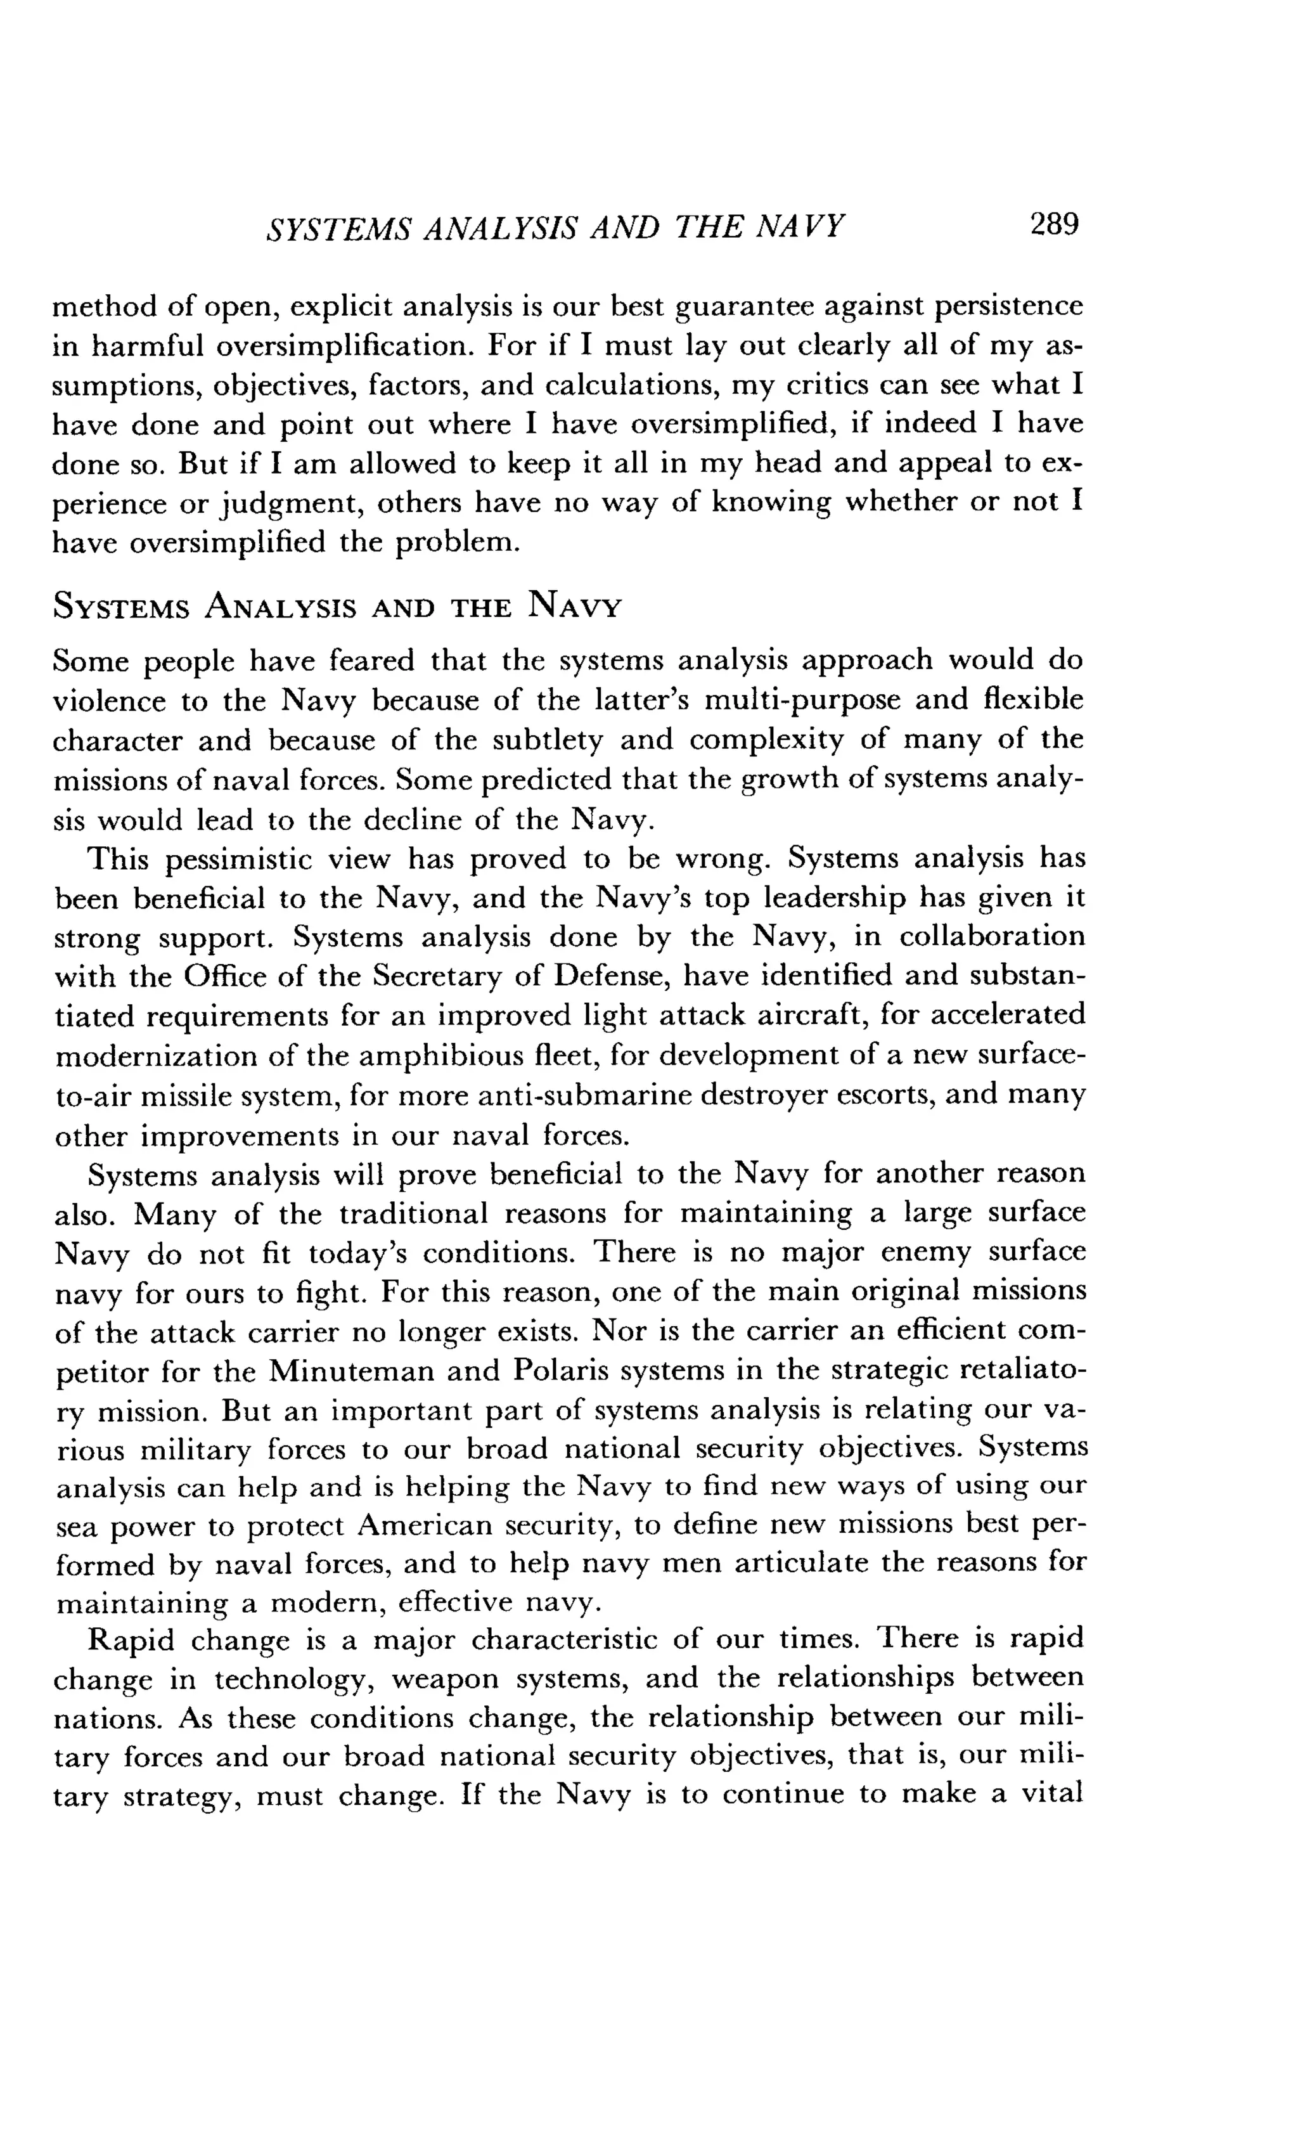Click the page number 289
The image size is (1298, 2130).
pyautogui.click(x=1053, y=225)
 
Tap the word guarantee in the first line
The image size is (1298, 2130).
pyautogui.click(x=742, y=307)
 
